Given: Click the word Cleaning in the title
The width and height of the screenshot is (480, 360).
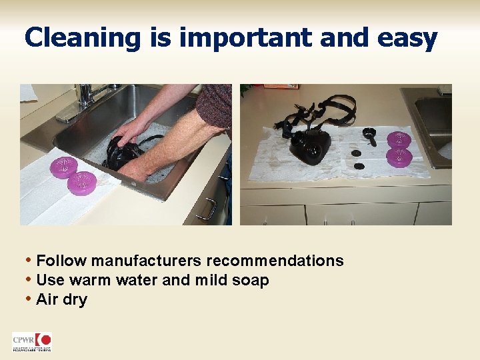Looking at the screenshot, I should pos(82,38).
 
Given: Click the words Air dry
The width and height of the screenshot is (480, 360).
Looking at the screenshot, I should pos(62,299).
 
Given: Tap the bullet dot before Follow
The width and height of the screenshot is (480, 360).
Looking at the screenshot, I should pos(28,261).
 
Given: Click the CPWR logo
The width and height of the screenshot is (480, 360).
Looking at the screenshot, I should pos(31,342).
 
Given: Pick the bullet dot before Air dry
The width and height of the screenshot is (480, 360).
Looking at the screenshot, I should pos(28,299).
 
